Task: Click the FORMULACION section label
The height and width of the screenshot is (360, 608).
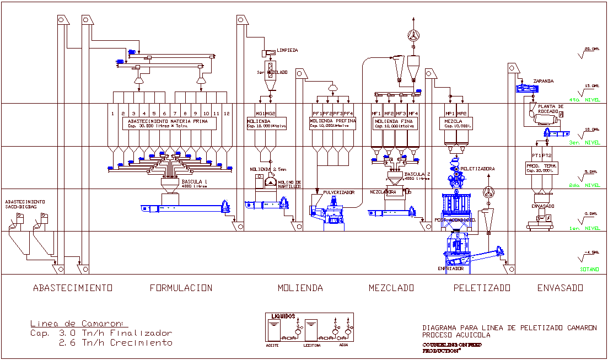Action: (181, 288)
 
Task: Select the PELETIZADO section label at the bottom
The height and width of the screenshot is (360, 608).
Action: (482, 288)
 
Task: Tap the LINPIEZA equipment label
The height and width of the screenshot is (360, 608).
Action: (287, 50)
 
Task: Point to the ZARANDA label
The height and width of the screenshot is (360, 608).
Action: (543, 81)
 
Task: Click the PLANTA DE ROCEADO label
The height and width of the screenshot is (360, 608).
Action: (551, 109)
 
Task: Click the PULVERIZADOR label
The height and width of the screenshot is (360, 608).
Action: (338, 192)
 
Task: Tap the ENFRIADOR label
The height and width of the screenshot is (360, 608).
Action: (450, 268)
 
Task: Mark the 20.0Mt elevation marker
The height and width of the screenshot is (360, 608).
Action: (591, 49)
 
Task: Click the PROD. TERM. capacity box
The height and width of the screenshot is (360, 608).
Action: (542, 168)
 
